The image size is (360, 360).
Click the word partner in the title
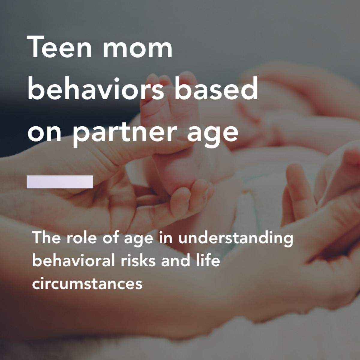125,133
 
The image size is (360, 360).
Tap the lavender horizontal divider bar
60,182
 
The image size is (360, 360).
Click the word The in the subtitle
46,238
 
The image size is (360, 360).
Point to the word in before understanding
166,238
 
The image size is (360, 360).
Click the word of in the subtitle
111,238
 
